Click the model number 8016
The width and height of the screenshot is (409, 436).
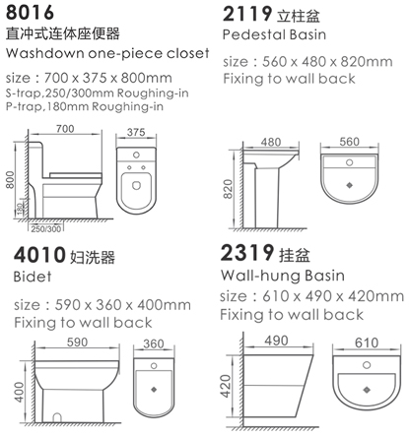(x=30, y=13)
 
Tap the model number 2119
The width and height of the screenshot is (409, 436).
(x=247, y=14)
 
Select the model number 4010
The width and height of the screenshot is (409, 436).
(x=39, y=255)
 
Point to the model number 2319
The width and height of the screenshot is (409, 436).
(x=247, y=253)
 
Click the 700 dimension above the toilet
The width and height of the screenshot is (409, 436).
(x=65, y=129)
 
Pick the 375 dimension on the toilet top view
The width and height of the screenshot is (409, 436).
(x=136, y=132)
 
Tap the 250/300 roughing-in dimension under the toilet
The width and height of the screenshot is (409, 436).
(x=46, y=228)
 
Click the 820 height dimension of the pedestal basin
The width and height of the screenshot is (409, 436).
(x=228, y=189)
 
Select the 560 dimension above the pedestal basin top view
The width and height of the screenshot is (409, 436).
(x=349, y=142)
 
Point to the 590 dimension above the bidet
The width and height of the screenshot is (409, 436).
(x=77, y=343)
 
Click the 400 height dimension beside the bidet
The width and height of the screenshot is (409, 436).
(x=19, y=392)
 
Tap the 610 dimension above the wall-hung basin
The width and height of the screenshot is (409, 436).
(x=367, y=343)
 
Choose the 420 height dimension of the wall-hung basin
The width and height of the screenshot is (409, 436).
(x=226, y=386)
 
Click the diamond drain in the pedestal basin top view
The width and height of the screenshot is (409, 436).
(x=349, y=185)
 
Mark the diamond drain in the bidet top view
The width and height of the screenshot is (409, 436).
(x=154, y=390)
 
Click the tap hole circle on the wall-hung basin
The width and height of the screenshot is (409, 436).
(x=367, y=365)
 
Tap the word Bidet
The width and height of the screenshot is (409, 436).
(x=33, y=277)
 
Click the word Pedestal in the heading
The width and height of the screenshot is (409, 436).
(x=251, y=34)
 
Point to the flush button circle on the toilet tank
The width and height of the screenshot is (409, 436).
(x=136, y=155)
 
